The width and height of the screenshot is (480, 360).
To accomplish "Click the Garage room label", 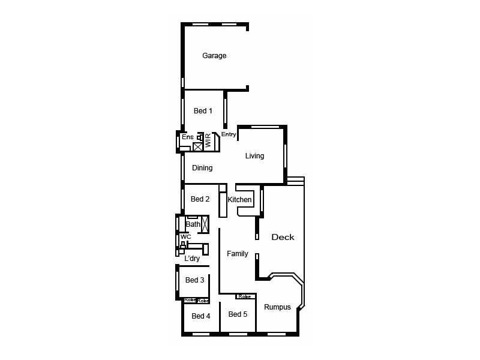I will [x=214, y=56].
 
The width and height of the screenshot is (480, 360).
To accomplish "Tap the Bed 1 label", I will [x=203, y=111].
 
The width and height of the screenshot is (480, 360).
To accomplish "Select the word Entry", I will [x=229, y=134].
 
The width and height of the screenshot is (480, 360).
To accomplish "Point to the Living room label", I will [x=254, y=156].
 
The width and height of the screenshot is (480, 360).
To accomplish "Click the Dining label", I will [x=202, y=168].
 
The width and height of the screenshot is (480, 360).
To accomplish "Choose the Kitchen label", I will [x=239, y=200].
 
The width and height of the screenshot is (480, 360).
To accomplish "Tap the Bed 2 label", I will [x=200, y=199].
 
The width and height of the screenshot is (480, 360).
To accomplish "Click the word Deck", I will [x=283, y=237].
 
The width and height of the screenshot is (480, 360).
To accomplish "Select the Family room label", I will [x=237, y=254].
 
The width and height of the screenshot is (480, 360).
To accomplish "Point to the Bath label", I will [x=193, y=224].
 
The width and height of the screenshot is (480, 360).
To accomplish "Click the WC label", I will [x=186, y=237].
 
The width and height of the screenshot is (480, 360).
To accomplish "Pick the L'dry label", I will [x=192, y=259].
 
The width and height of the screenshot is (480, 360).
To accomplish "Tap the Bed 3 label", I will [x=194, y=280].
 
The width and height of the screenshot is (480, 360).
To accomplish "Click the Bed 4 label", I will [x=201, y=316].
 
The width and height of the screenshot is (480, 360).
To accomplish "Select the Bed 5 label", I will [x=238, y=314].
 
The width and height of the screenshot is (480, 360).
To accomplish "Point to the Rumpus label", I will [x=277, y=307].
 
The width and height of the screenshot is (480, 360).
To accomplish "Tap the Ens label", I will [x=187, y=137].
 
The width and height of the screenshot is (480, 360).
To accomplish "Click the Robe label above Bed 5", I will [x=244, y=296].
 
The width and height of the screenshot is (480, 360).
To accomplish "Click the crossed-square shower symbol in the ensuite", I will [x=197, y=146].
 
